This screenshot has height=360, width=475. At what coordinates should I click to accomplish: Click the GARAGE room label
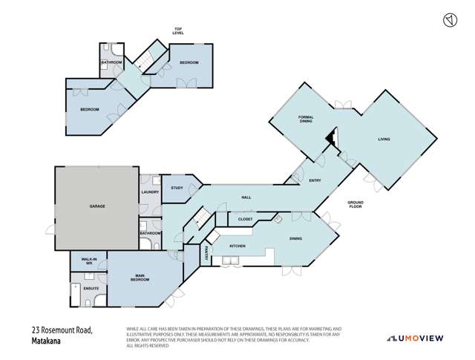[96, 206]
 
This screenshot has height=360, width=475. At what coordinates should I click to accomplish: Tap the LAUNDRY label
[150, 192]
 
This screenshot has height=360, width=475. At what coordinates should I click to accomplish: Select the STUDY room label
[177, 188]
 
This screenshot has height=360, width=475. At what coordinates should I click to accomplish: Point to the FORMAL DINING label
[307, 120]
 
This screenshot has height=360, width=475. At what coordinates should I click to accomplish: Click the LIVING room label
[384, 139]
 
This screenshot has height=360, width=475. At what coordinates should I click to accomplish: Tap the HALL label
[246, 197]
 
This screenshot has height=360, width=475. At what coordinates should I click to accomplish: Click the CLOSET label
[245, 220]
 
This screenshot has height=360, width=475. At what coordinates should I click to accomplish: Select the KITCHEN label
[237, 245]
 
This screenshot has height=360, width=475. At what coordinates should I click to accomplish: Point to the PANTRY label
[205, 252]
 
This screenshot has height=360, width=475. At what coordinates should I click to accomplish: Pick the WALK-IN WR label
[88, 261]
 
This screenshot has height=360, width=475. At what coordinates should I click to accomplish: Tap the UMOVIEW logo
[420, 338]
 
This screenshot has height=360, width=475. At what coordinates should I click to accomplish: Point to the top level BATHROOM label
[112, 62]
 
